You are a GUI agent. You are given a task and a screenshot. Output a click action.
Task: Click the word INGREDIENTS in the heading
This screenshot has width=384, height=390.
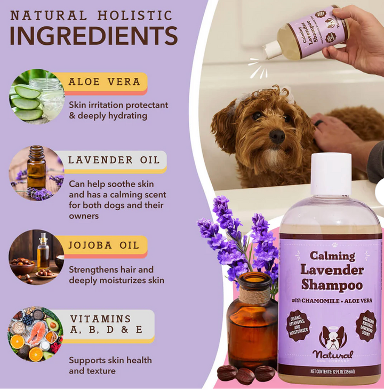coord(93,35)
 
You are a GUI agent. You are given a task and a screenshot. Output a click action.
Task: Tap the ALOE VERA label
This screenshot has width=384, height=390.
coord(104,82)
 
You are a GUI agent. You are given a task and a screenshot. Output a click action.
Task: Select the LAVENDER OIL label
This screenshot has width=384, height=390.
coord(114,160)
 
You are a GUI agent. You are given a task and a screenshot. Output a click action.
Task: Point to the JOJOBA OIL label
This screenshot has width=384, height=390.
coord(103,245)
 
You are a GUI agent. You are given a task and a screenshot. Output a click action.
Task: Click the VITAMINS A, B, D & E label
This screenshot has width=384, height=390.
coord(106,324)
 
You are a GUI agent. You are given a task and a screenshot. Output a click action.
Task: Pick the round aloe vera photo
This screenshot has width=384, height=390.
coord(36,96)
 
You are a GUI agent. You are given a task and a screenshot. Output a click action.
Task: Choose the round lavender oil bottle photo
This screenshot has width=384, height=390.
coord(36,173)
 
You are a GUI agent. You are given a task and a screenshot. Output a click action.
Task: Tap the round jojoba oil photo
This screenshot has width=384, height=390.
coord(36,257)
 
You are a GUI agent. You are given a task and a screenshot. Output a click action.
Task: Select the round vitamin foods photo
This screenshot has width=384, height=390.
coord(36,333)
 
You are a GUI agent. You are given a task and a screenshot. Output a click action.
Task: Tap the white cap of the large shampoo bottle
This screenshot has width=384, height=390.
coord(331,174)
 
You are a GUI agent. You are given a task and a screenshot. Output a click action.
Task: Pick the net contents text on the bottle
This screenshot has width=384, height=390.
coord(332,371)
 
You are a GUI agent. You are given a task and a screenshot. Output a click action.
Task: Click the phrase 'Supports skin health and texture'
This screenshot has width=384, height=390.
coord(110,365)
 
